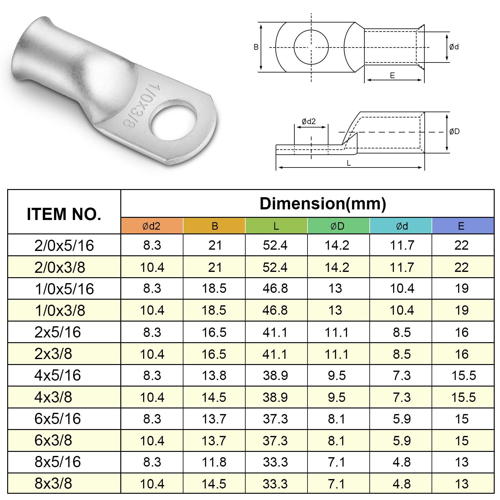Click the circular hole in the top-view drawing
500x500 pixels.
tap(311, 47)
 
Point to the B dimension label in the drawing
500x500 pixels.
tap(256, 47)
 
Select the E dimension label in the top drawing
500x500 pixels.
tap(392, 75)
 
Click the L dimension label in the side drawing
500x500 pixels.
tap(349, 163)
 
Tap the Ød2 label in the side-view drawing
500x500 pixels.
tap(309, 121)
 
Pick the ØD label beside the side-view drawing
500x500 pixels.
tap(454, 132)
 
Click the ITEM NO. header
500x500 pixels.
tap(64, 214)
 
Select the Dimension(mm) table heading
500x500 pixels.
tap(323, 203)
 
